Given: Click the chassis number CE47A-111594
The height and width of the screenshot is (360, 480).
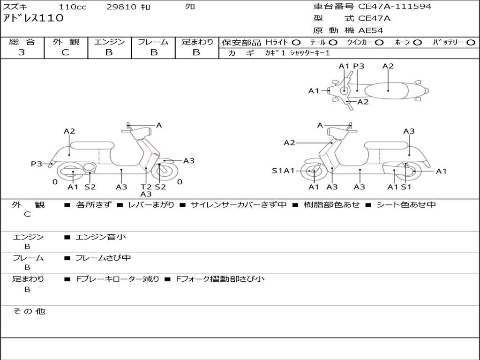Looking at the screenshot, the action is [x=395, y=7].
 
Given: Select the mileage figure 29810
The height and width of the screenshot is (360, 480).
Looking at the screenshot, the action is [x=121, y=7].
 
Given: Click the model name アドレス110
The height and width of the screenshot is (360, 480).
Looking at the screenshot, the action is [x=33, y=18].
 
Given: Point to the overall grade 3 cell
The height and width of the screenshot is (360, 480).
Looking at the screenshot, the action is [x=22, y=52].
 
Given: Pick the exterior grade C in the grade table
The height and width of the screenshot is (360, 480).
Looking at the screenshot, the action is [x=66, y=52].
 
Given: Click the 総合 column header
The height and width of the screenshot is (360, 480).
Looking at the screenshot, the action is [x=22, y=42].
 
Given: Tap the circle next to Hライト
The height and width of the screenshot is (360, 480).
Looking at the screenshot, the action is [x=296, y=43].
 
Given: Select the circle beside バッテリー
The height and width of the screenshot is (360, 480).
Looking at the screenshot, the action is [x=471, y=43].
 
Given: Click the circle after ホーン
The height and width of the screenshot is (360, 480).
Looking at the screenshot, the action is [x=417, y=43].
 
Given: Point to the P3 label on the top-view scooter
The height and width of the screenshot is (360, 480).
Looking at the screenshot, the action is [x=359, y=66].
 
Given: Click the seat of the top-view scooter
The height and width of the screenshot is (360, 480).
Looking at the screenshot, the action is [x=386, y=91].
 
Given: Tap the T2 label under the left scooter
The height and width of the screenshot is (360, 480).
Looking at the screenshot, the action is [x=146, y=187].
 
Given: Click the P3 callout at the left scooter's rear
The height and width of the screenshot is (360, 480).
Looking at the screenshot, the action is [x=37, y=164].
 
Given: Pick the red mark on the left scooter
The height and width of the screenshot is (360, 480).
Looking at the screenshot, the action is [x=156, y=154].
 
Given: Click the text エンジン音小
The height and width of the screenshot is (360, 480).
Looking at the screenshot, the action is [x=101, y=237].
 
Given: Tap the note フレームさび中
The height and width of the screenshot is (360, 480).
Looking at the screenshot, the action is [x=103, y=258].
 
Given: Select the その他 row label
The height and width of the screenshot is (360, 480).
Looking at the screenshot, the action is [x=29, y=311].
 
